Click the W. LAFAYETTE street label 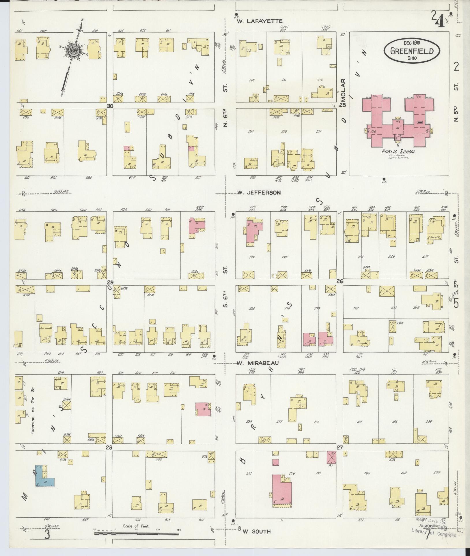coord(259,21)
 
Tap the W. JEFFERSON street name coord(259,192)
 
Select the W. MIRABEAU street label coord(258,363)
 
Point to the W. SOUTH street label coord(257,531)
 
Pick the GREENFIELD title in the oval coord(412,51)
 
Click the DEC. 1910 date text coord(412,43)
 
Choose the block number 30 coord(110,106)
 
